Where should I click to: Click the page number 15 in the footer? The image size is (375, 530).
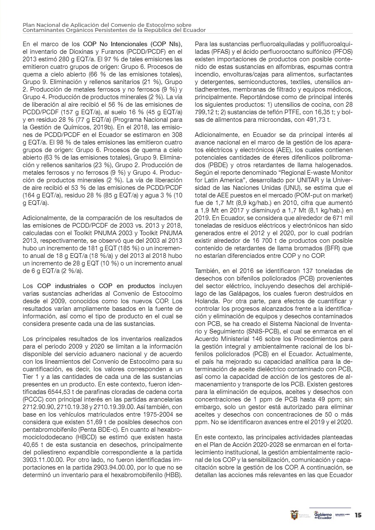[358, 515]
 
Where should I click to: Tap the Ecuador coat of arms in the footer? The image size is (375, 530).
[294, 515]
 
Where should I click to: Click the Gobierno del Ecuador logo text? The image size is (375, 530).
[323, 515]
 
